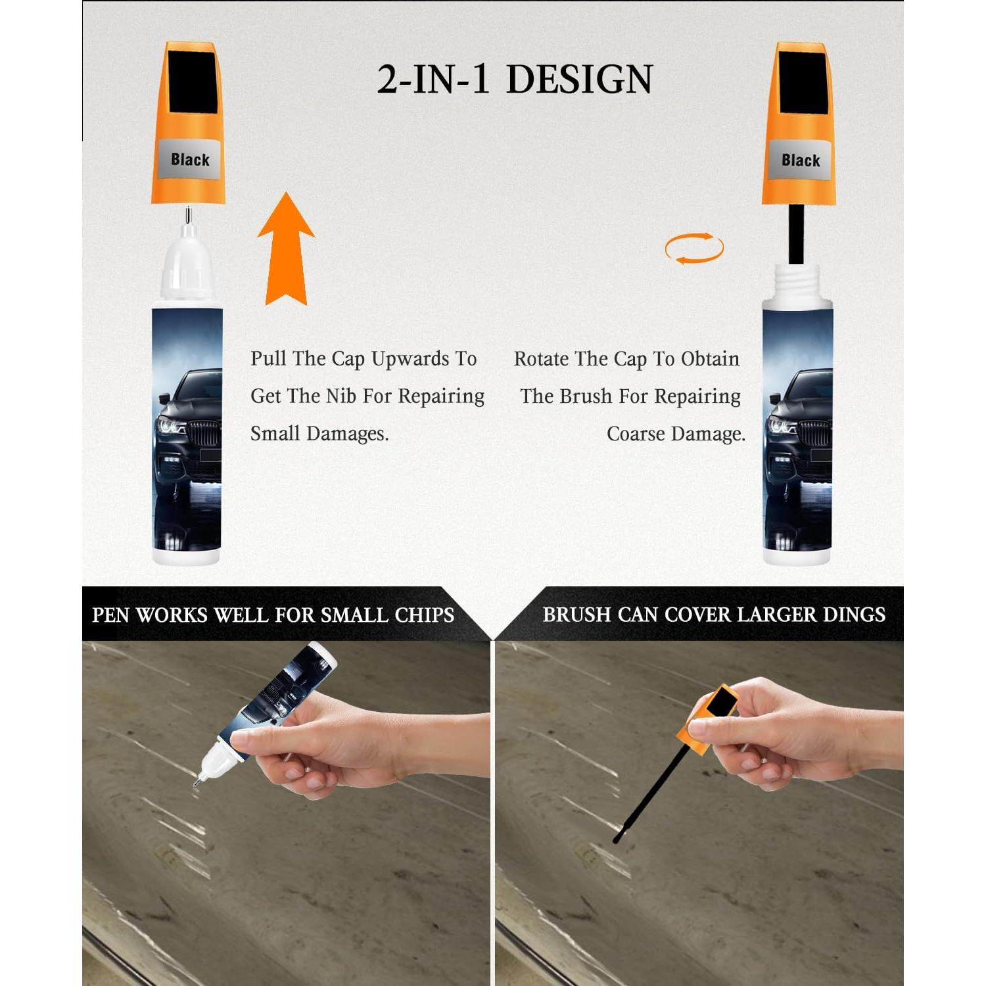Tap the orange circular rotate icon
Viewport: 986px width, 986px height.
694,248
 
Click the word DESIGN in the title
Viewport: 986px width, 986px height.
579,80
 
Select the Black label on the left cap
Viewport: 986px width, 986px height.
189,160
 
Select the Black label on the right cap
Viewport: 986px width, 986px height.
800,160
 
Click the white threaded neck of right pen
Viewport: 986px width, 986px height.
797,283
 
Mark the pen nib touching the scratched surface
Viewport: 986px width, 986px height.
197,782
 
